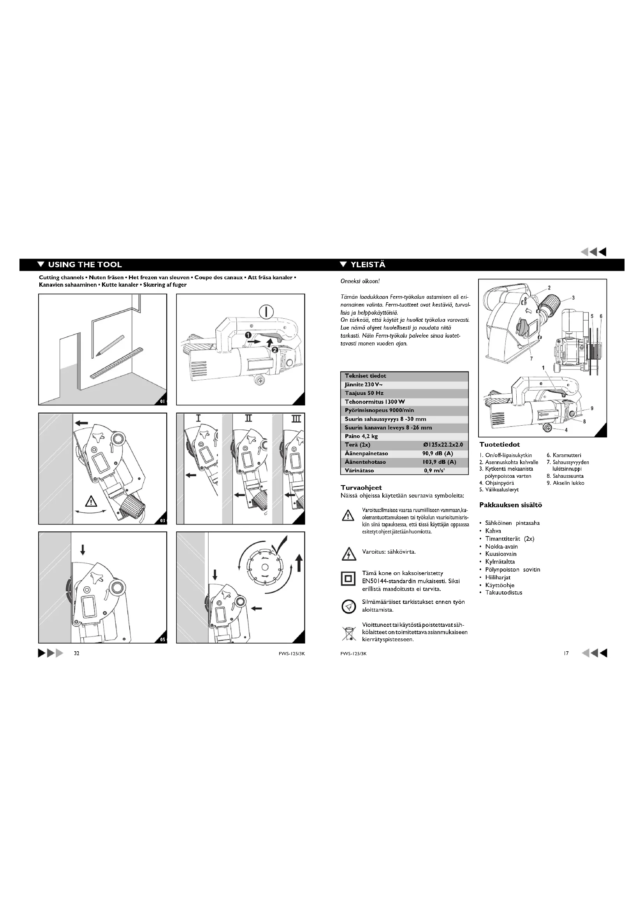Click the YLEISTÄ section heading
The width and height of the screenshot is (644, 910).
(x=368, y=265)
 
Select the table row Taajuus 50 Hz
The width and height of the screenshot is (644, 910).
(x=364, y=393)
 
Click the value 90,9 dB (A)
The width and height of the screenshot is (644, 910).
(x=437, y=453)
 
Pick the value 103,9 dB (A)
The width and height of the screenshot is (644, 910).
(x=439, y=462)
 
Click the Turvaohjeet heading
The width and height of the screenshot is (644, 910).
(x=361, y=487)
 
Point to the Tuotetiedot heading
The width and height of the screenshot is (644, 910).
(x=499, y=445)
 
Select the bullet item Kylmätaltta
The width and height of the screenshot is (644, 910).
(x=500, y=562)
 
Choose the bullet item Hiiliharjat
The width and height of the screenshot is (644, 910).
(x=498, y=577)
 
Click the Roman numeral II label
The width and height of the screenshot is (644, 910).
(x=248, y=419)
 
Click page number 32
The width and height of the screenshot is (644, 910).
(x=77, y=654)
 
